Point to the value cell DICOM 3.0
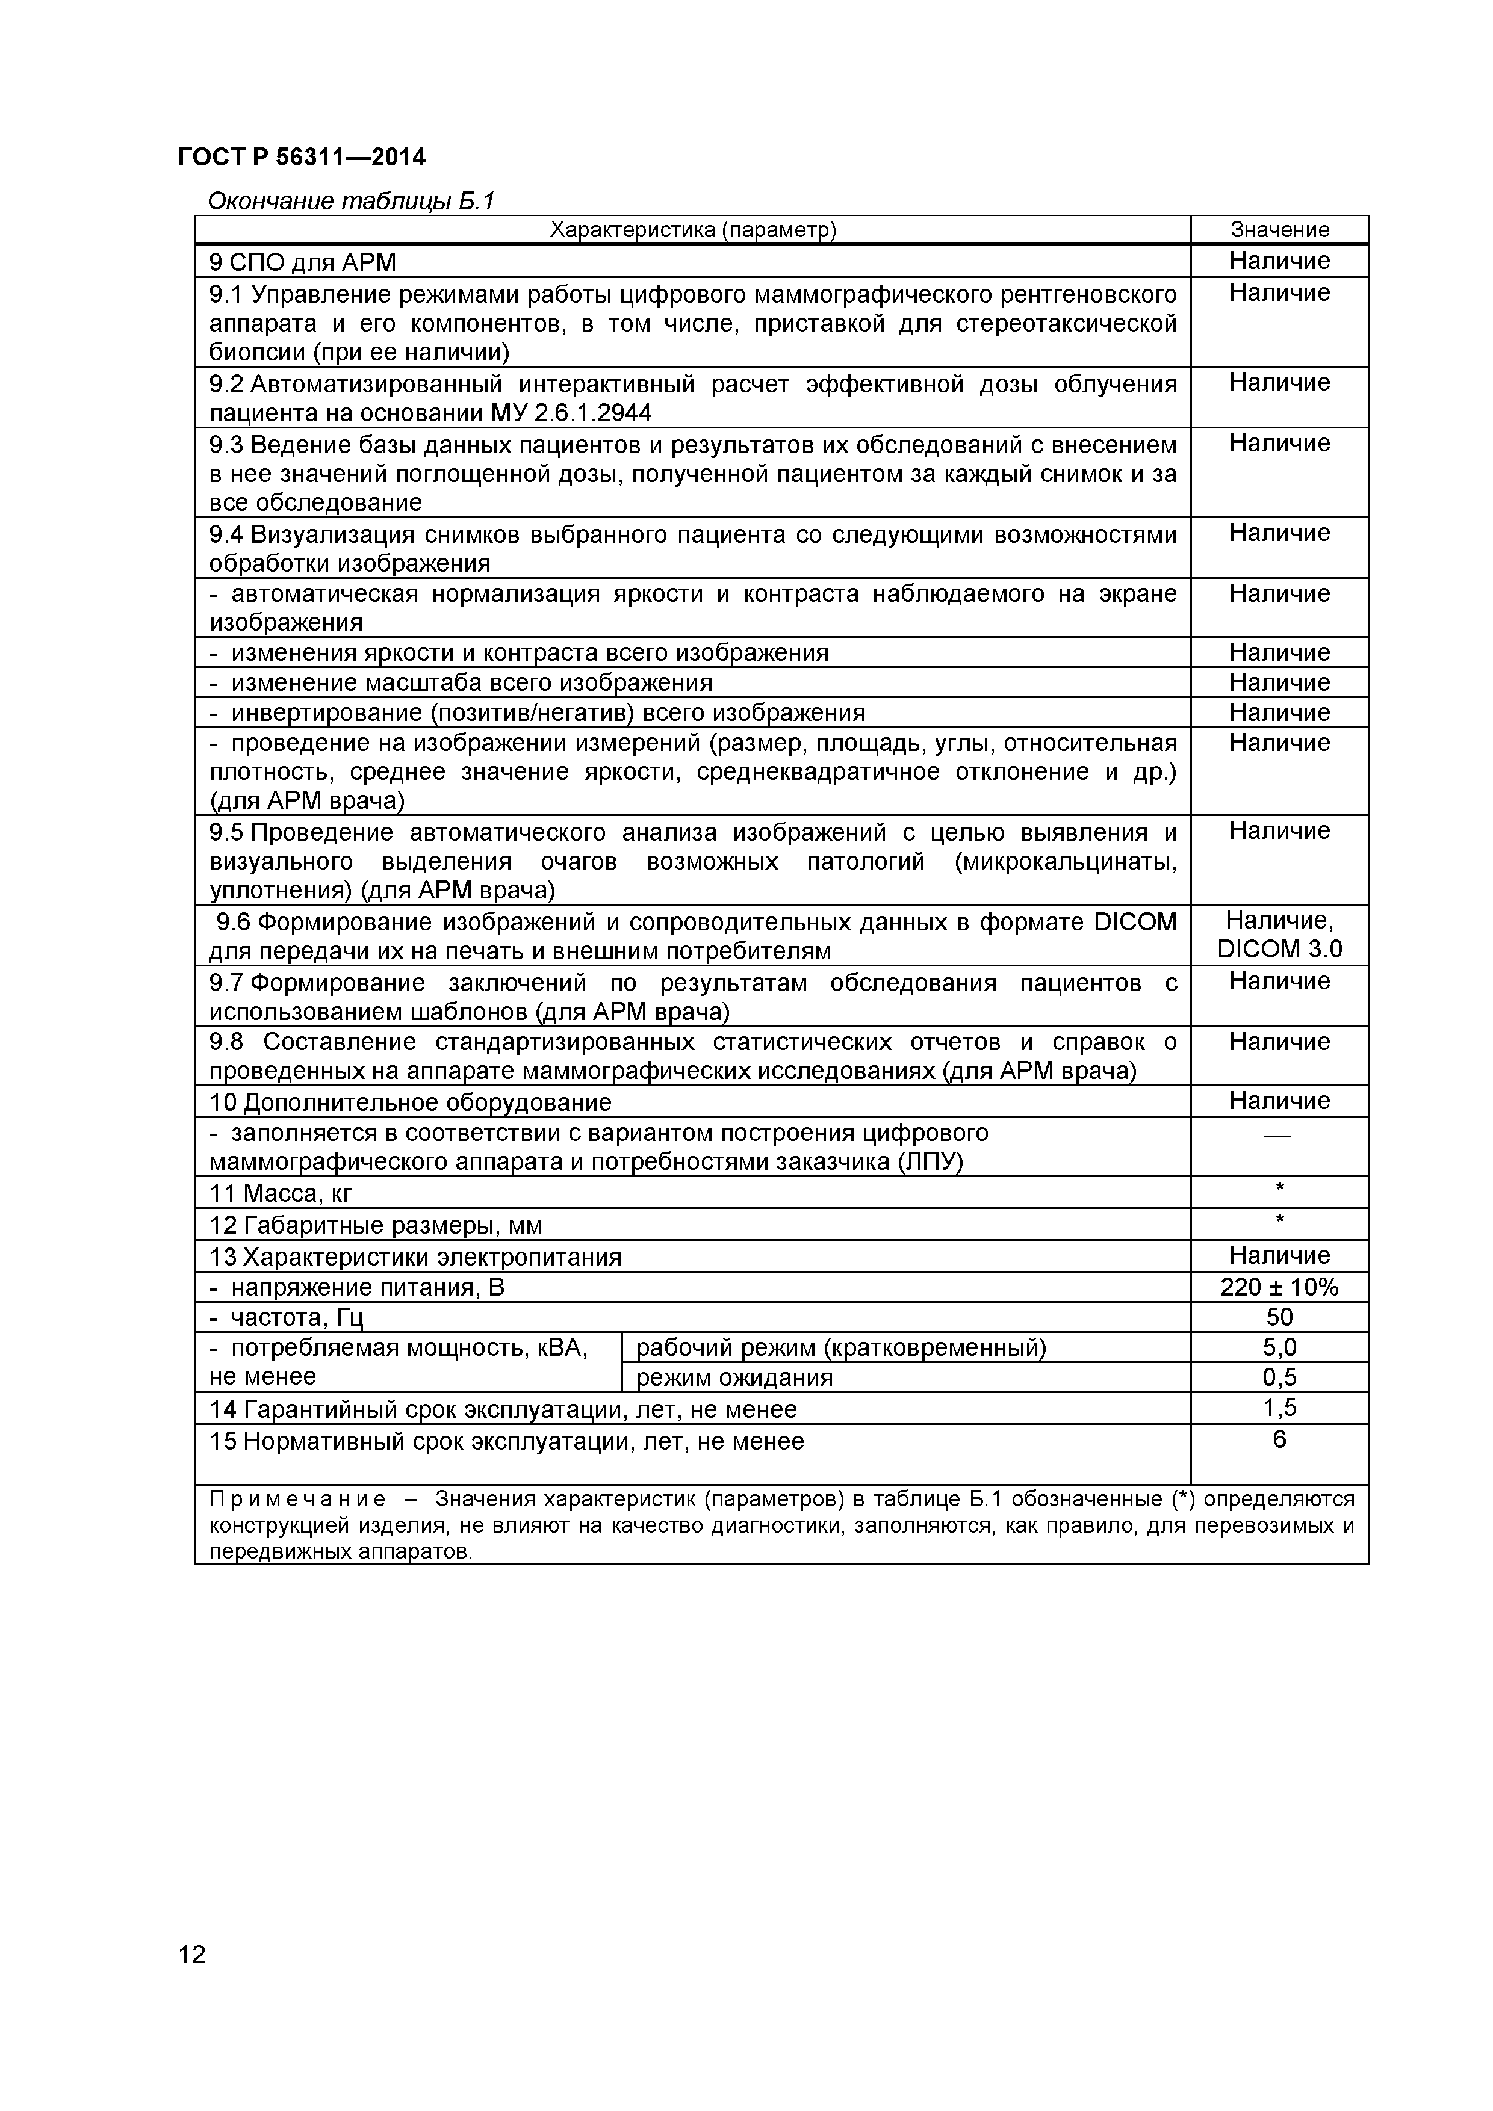[x=1279, y=949]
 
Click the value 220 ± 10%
[x=1279, y=1287]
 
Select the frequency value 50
[x=1279, y=1317]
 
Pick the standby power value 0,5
[x=1279, y=1377]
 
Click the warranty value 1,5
[x=1279, y=1408]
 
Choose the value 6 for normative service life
[x=1279, y=1439]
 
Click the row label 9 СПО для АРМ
[x=303, y=263]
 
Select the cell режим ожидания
[x=734, y=1377]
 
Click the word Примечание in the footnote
[x=297, y=1500]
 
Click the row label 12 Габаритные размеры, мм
[x=376, y=1226]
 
